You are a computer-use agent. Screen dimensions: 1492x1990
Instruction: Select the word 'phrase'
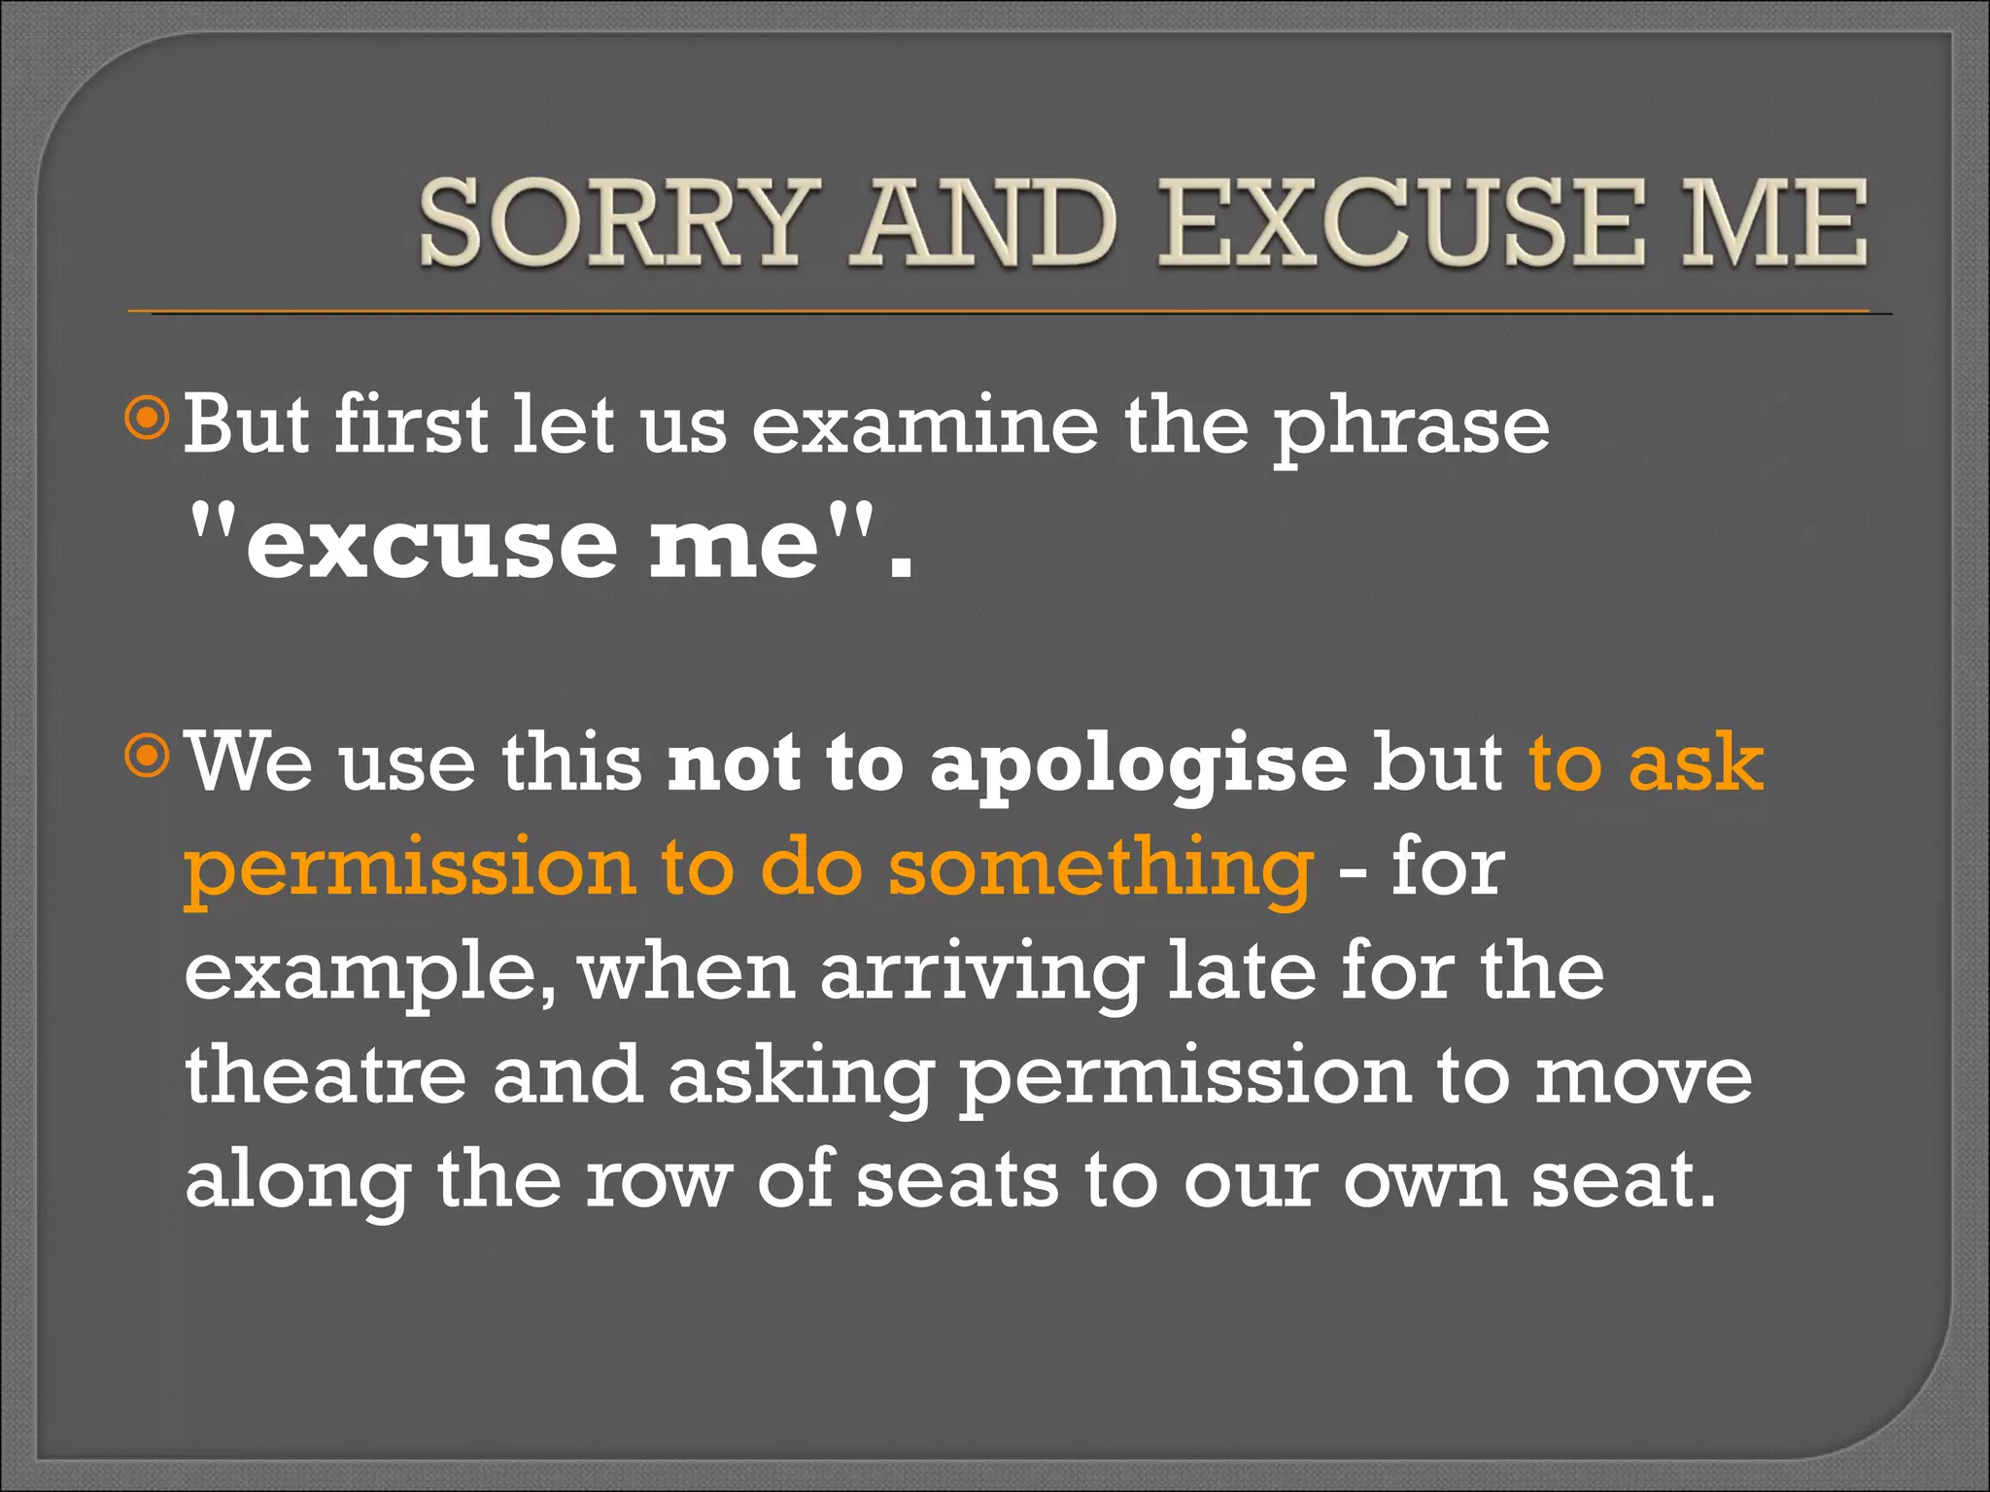click(x=1411, y=427)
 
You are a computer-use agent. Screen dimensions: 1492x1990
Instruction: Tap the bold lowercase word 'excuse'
click(x=431, y=544)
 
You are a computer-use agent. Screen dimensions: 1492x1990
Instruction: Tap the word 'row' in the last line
click(x=658, y=1182)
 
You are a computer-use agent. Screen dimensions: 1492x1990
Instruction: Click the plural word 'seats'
click(x=957, y=1182)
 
